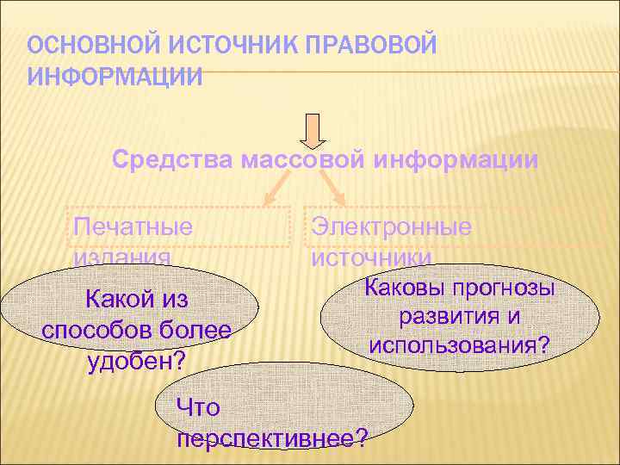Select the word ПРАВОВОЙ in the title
tap(375, 46)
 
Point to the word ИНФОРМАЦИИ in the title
tap(115, 77)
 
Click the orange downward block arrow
tap(313, 130)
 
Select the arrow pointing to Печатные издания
tap(277, 186)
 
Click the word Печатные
tap(133, 227)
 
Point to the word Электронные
tap(392, 227)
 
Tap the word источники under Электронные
tap(372, 257)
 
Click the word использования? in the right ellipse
tap(460, 345)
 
